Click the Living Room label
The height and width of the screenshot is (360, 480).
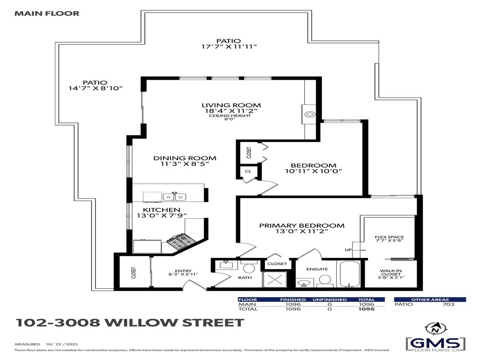(x=231, y=105)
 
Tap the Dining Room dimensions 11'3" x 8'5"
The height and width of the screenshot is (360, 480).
(x=185, y=165)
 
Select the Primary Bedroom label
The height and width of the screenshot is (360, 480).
(x=302, y=225)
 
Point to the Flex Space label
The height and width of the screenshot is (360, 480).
(x=389, y=238)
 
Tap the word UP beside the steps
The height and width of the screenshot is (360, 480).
(x=348, y=250)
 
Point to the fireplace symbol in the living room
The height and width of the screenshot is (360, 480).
(x=309, y=114)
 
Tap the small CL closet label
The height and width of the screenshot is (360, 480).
(x=247, y=172)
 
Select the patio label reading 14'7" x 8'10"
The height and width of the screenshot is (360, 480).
(x=96, y=88)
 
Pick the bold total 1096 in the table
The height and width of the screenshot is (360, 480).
(x=367, y=309)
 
